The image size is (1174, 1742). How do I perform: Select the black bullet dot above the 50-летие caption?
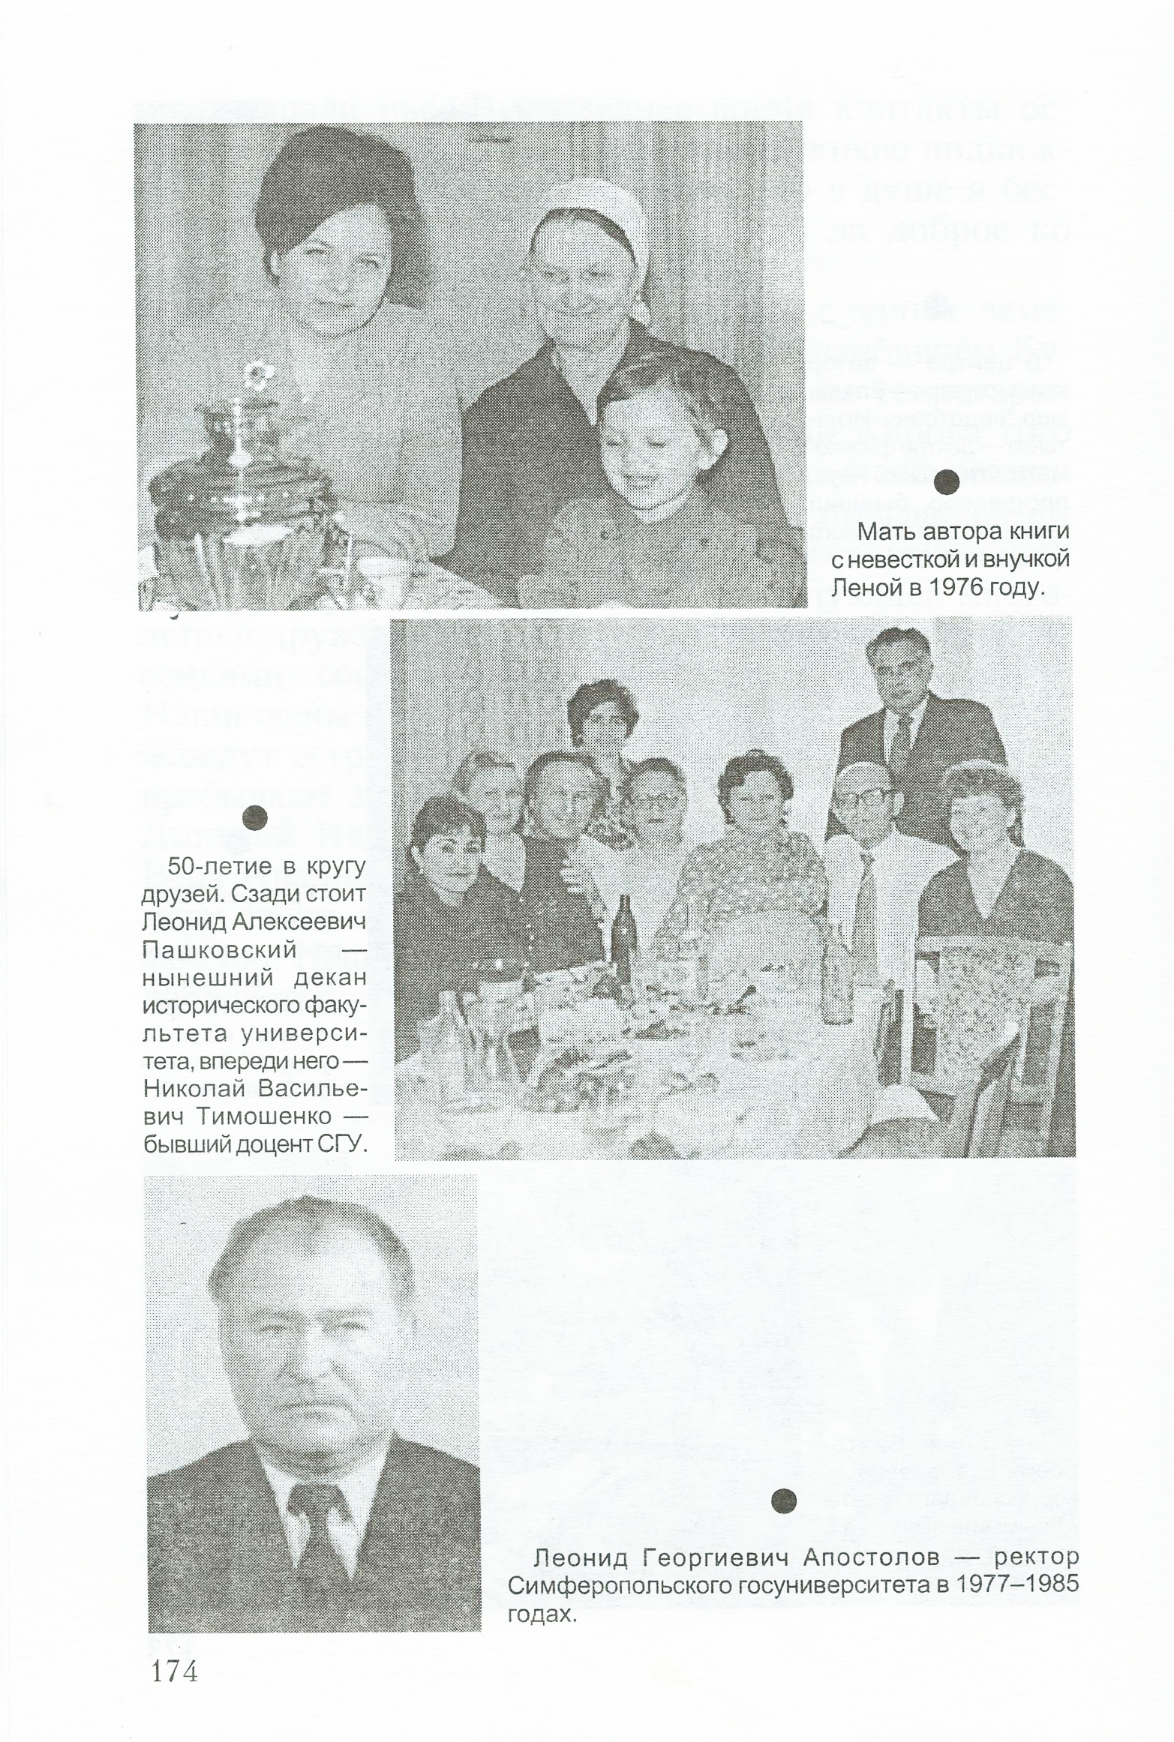click(x=255, y=817)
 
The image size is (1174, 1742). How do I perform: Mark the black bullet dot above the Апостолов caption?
click(x=783, y=1499)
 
